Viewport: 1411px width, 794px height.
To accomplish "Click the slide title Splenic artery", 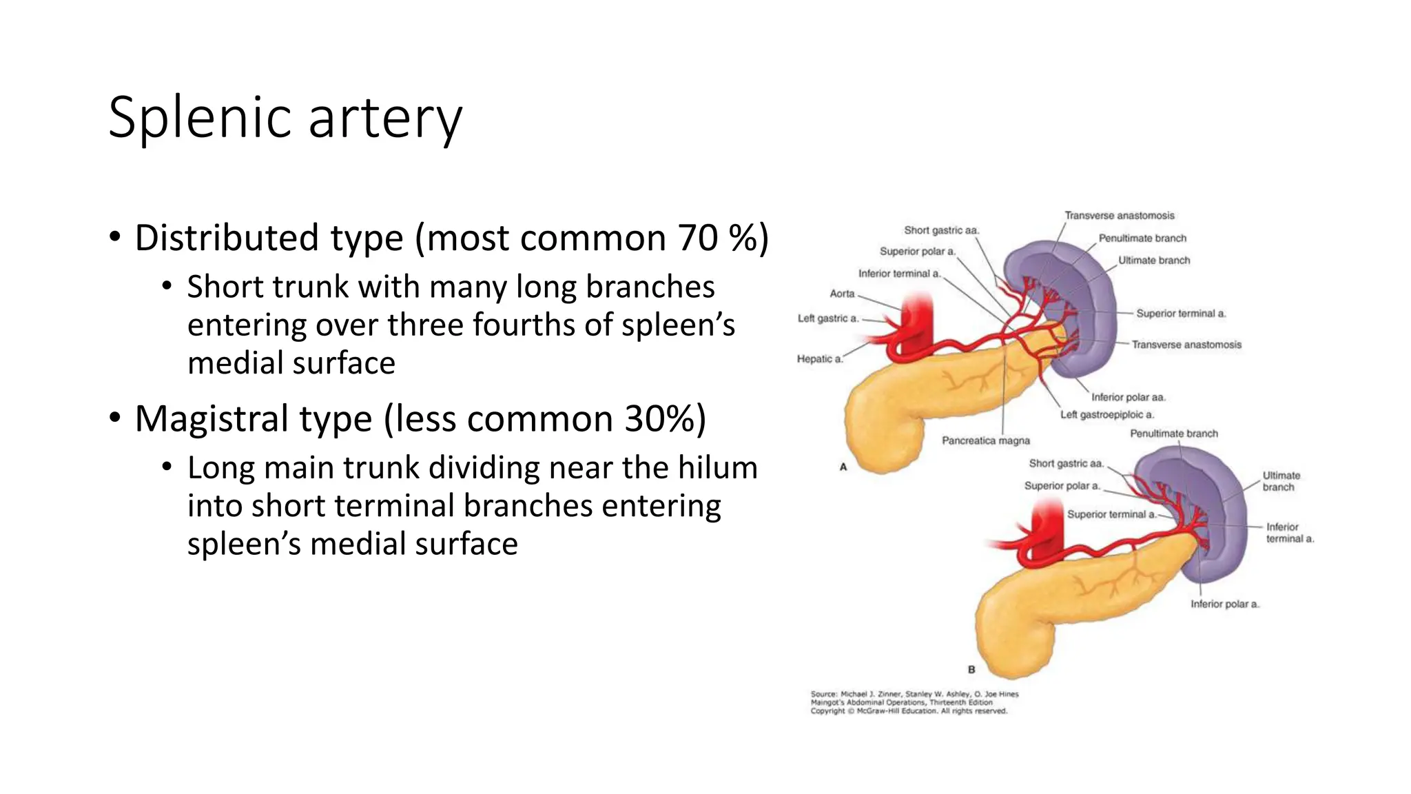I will click(x=285, y=118).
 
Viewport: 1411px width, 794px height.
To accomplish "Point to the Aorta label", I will click(x=842, y=294).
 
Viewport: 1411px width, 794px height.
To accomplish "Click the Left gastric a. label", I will click(x=827, y=318).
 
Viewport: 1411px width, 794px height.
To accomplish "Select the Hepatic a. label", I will click(x=819, y=359).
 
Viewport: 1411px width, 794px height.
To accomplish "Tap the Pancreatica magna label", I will click(x=985, y=440).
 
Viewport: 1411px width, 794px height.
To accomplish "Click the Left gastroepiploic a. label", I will click(x=1106, y=415).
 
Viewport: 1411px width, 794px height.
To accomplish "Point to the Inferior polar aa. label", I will click(x=1128, y=397).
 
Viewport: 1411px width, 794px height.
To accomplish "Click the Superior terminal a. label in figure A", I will click(x=1180, y=314).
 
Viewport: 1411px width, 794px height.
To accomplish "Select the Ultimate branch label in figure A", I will click(x=1153, y=261).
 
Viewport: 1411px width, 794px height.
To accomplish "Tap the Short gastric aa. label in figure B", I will click(x=1066, y=464).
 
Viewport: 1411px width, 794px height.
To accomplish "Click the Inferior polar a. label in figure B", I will click(x=1224, y=604).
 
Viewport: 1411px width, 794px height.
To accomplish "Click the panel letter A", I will click(x=843, y=467).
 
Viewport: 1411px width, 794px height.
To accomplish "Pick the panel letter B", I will click(x=971, y=669).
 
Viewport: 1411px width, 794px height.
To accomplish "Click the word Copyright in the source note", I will click(x=827, y=711).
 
